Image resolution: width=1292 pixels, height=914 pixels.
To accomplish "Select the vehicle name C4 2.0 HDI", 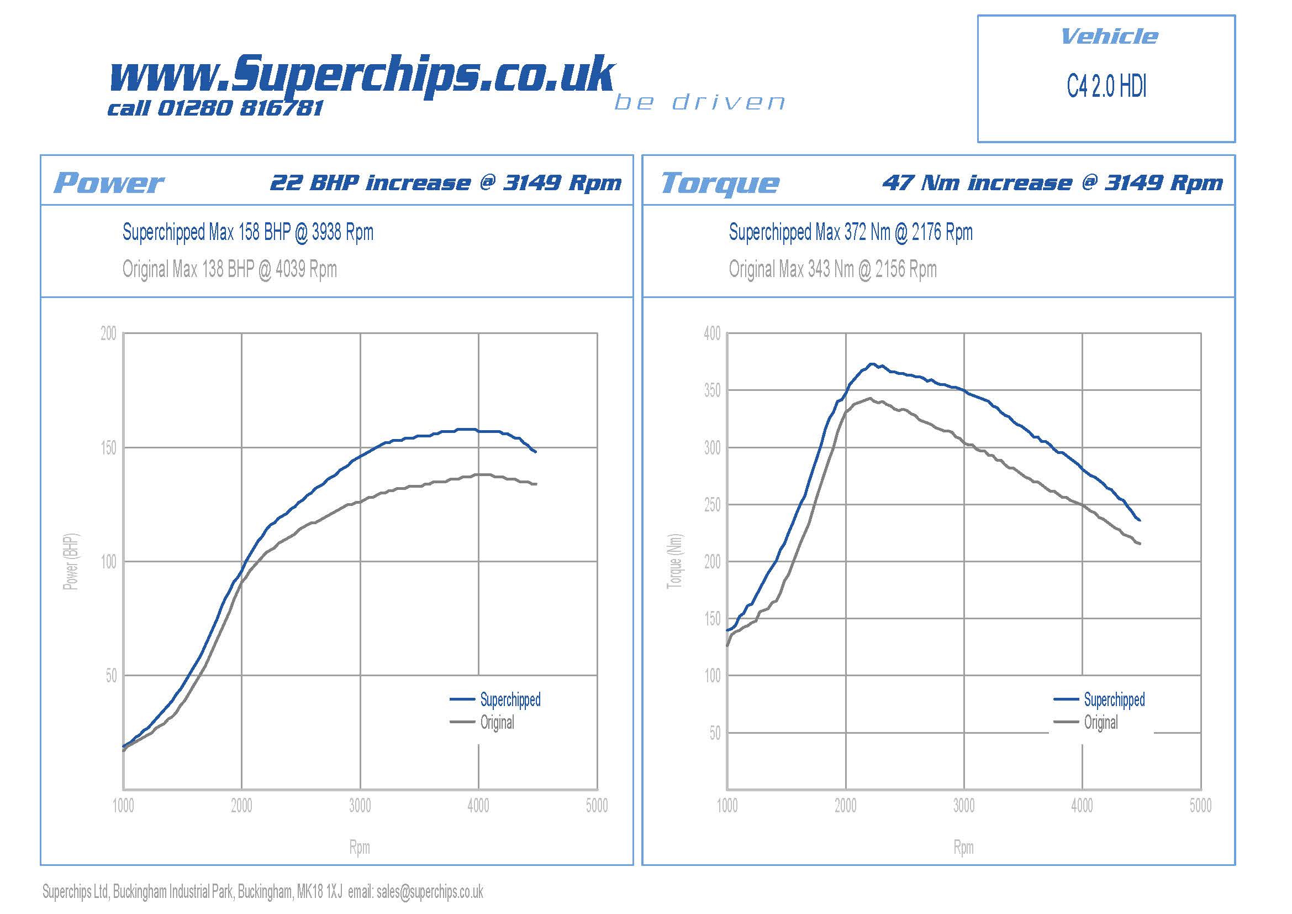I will [1106, 87].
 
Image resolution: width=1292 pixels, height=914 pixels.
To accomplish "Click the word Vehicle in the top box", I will [1109, 37].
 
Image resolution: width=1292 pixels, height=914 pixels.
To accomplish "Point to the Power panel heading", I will [109, 183].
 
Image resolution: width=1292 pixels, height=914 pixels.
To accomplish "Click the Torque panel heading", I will [720, 183].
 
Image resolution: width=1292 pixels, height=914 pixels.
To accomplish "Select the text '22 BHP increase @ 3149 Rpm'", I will [446, 183].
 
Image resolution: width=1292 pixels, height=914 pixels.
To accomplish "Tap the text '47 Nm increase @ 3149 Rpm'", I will [1052, 183].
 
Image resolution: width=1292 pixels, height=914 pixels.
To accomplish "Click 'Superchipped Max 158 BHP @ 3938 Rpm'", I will [248, 232].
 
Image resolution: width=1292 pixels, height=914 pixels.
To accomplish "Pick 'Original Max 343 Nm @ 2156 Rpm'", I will [833, 269].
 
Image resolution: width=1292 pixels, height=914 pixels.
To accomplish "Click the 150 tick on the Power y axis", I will [109, 448].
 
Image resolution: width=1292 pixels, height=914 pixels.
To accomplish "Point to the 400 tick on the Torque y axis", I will [712, 333].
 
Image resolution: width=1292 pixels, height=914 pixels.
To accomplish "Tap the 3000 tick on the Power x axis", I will [360, 806].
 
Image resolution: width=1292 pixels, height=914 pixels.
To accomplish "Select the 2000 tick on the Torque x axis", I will [845, 806].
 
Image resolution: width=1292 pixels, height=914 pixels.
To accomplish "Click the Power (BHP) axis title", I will [71, 561].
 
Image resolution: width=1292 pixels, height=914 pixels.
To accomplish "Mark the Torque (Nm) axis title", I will [674, 561].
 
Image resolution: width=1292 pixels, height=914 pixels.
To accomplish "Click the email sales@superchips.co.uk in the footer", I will [430, 891].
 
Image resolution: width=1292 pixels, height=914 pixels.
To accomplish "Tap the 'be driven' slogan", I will [700, 102].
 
